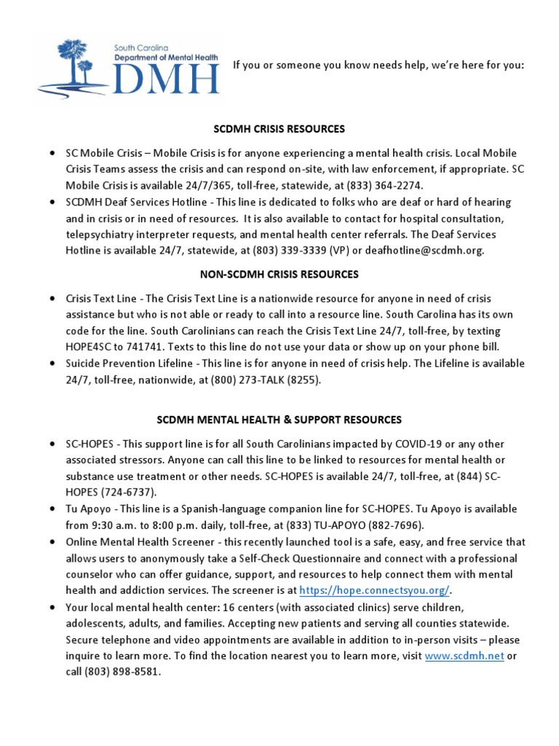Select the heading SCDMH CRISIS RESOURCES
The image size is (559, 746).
(x=279, y=129)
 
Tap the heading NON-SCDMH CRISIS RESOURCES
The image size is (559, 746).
(x=279, y=275)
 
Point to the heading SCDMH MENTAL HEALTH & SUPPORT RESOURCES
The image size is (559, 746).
(x=279, y=420)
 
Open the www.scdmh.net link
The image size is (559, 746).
(x=464, y=656)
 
